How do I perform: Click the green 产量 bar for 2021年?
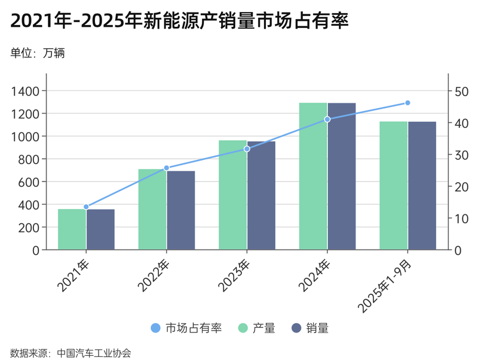72,229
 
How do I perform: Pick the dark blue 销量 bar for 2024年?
342,176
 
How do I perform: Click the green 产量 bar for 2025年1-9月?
393,185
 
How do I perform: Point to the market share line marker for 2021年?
86,207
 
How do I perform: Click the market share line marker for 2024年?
327,119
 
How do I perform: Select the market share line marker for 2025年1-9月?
407,103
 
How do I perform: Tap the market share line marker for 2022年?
167,168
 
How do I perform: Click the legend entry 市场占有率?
186,328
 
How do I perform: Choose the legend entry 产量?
256,328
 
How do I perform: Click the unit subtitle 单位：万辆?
37,53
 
